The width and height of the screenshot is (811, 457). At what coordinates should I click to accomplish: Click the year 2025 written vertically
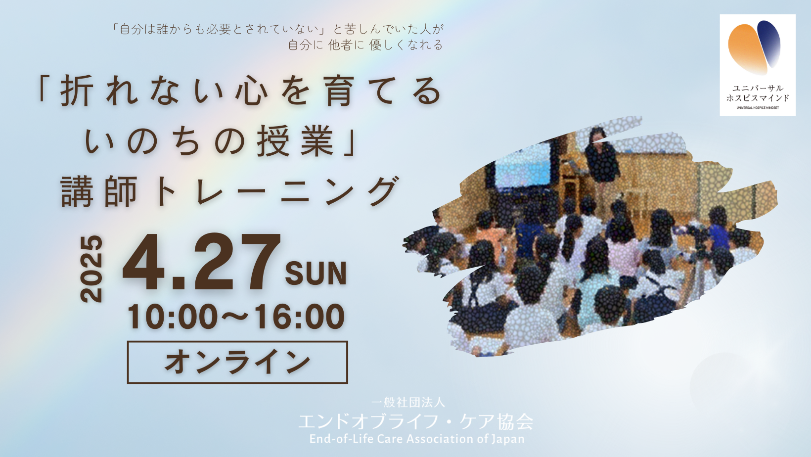[x=91, y=269]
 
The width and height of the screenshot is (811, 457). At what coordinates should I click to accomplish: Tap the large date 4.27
[x=202, y=263]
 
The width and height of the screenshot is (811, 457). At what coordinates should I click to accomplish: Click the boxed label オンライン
[x=237, y=362]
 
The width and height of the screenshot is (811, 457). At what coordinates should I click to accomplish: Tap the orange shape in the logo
[x=747, y=49]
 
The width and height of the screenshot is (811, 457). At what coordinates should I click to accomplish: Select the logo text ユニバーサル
[x=758, y=88]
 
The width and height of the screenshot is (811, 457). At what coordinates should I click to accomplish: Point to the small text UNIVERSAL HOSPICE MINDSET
[x=758, y=107]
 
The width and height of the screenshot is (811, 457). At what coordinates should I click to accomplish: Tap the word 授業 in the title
[x=295, y=141]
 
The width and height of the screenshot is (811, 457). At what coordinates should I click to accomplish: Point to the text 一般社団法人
[x=408, y=402]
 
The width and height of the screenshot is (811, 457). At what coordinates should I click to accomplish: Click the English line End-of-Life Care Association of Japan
[x=417, y=439]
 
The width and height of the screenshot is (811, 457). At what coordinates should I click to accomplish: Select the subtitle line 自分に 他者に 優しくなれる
[x=365, y=45]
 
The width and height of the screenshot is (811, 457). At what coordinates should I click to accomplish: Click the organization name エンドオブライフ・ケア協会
[x=415, y=421]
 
